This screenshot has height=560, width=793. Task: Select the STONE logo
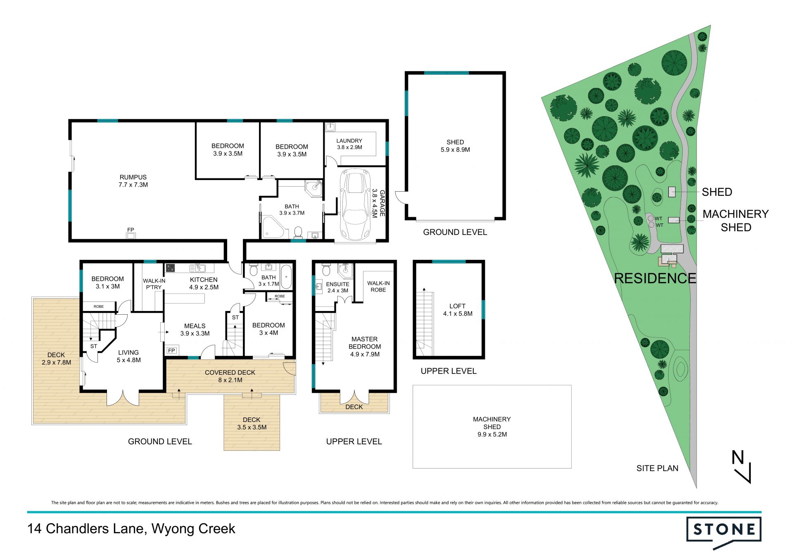pyautogui.click(x=724, y=532)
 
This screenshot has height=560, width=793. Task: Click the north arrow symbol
pyautogui.click(x=741, y=467)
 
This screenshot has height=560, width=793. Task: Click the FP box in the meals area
pyautogui.click(x=171, y=351)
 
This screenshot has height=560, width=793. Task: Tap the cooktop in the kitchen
pyautogui.click(x=170, y=268)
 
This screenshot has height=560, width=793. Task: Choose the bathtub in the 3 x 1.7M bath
pyautogui.click(x=286, y=277)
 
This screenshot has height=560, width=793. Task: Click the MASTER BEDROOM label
pyautogui.click(x=365, y=343)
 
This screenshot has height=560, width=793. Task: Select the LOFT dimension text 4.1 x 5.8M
pyautogui.click(x=458, y=313)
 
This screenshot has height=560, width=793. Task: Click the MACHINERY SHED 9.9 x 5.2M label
pyautogui.click(x=492, y=427)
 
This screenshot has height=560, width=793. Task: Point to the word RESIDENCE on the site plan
pyautogui.click(x=655, y=278)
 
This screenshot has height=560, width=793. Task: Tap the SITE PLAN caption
pyautogui.click(x=657, y=468)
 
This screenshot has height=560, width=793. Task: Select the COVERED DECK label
pyautogui.click(x=230, y=373)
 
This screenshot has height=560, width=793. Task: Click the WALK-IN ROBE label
pyautogui.click(x=378, y=287)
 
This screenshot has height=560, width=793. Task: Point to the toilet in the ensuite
pyautogui.click(x=326, y=270)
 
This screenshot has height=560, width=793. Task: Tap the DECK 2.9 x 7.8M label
pyautogui.click(x=56, y=358)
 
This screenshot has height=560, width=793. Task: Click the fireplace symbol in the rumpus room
pyautogui.click(x=131, y=236)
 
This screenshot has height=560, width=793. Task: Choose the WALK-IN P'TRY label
pyautogui.click(x=154, y=284)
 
